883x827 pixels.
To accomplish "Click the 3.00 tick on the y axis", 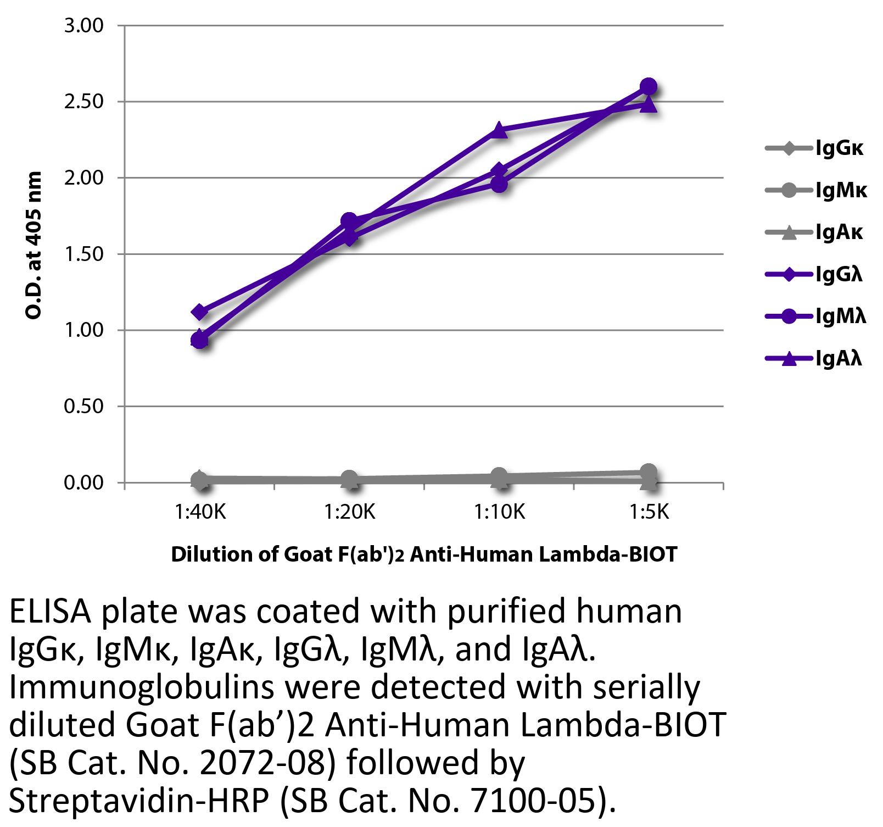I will click(x=83, y=26).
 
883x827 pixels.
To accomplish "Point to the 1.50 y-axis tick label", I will click(x=83, y=254).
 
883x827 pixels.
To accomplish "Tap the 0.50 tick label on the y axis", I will click(x=83, y=407).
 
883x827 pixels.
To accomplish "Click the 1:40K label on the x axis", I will click(x=200, y=512).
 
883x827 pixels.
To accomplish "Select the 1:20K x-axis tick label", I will click(x=349, y=512).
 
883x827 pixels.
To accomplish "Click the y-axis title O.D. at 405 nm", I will click(x=34, y=246).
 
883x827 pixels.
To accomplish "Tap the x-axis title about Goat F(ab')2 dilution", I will click(x=424, y=554).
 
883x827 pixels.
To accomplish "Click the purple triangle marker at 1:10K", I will click(x=499, y=130).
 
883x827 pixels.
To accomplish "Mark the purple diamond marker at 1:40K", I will click(x=200, y=312).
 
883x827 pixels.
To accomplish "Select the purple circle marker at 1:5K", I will click(x=649, y=87).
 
